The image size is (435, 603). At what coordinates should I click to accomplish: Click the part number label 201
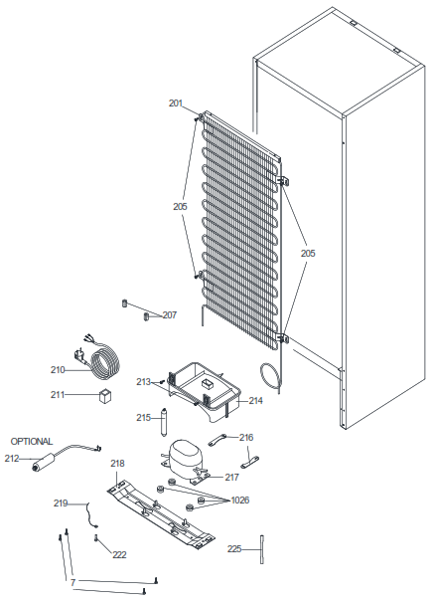pos(176,103)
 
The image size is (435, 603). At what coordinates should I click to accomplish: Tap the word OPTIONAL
pos(32,442)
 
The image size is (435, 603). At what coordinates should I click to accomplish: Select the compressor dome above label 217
pos(184,454)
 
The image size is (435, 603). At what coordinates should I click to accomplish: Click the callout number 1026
pos(240,501)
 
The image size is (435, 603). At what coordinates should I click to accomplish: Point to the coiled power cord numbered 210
pos(104,363)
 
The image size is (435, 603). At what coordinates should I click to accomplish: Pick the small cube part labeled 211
pos(105,396)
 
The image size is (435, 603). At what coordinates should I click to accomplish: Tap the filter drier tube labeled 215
pos(164,422)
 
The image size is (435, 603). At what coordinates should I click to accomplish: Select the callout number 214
pos(255,401)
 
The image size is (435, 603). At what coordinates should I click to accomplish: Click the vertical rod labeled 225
pos(262,549)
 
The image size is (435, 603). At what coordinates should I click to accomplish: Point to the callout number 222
pos(119,555)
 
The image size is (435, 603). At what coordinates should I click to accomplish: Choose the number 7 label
pos(72,583)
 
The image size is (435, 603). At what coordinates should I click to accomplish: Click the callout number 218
pos(117,464)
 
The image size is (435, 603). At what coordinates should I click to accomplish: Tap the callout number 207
pos(170,315)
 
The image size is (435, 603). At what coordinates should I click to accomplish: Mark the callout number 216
pos(246,438)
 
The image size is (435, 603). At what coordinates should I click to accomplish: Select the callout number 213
pos(143,382)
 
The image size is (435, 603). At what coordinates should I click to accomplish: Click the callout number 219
pos(61,503)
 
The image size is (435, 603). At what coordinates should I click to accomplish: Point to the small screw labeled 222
pos(95,538)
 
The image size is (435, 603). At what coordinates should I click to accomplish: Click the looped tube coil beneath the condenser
pos(270,377)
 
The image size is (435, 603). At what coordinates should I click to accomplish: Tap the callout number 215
pos(143,418)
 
